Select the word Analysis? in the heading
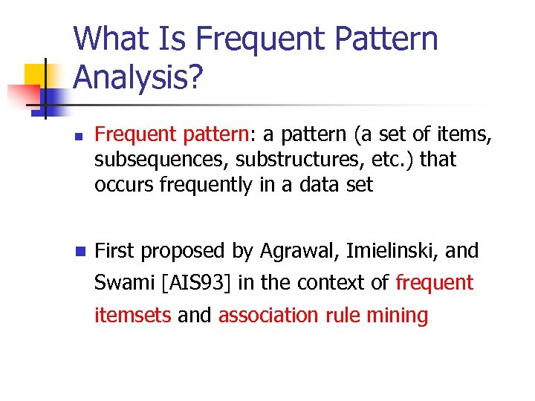(x=138, y=76)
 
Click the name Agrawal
(x=294, y=252)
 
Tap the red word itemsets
(x=133, y=315)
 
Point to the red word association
(x=268, y=315)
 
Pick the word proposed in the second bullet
(x=185, y=252)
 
